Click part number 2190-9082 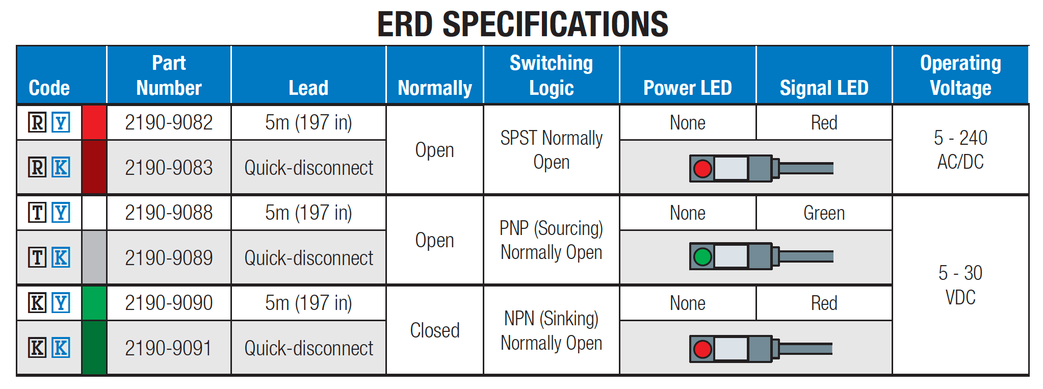(169, 122)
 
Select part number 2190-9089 (169, 258)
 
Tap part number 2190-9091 (169, 348)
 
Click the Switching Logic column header (551, 75)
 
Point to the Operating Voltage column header (960, 75)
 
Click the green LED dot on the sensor (702, 256)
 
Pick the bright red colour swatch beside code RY (94, 122)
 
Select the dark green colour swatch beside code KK (94, 348)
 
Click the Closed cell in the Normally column (435, 330)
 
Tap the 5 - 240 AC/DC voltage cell (960, 149)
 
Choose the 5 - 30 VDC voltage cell (960, 285)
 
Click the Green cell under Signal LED (824, 213)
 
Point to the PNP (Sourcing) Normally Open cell (551, 240)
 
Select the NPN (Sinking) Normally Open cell (551, 330)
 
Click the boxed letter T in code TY (37, 213)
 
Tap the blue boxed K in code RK (61, 167)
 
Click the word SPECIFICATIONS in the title (555, 24)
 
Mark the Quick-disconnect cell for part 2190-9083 (308, 168)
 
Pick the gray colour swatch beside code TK (94, 257)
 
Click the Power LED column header (687, 88)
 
